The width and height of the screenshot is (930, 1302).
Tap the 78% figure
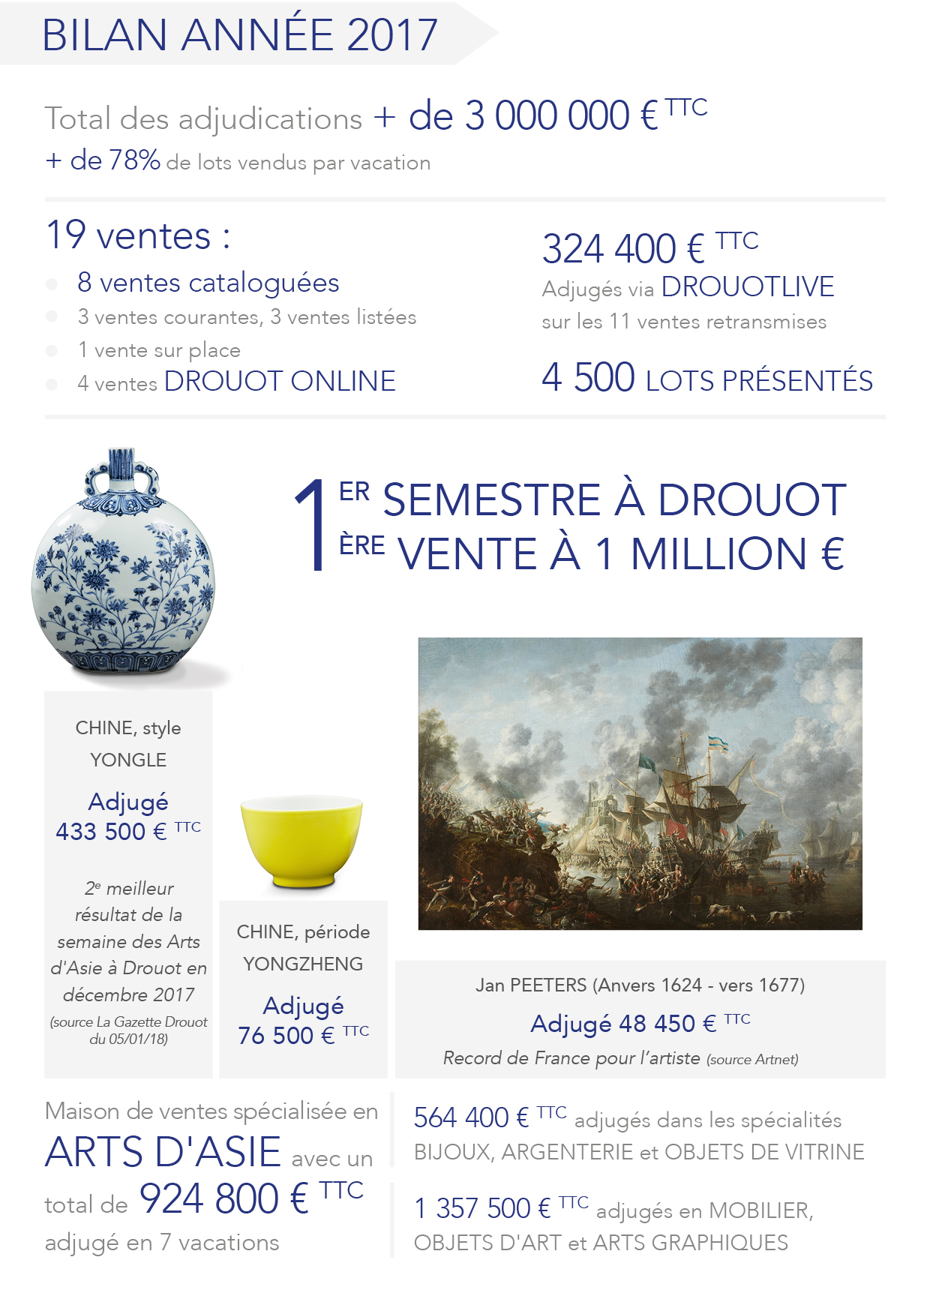pos(135,160)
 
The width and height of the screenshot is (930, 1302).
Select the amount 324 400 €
pos(623,250)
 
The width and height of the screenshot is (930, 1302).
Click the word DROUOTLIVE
pos(748,286)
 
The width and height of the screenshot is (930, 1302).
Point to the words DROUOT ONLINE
pos(280,381)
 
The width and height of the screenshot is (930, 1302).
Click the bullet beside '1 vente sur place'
pos(52,350)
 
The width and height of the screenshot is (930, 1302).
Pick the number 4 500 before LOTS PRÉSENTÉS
pos(589,377)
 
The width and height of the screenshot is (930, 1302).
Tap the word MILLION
pos(718,554)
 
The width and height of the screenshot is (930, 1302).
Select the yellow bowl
pos(301,840)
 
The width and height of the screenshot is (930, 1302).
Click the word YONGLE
pos(128,760)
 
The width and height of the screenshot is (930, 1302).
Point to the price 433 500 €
pos(111,831)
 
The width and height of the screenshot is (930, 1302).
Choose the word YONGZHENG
pos(303,964)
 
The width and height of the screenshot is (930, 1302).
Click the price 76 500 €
pos(286,1035)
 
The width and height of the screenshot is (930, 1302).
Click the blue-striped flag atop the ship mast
pos(718,744)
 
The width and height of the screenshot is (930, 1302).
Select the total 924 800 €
pos(224,1198)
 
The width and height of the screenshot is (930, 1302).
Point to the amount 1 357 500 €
pos(483,1208)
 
